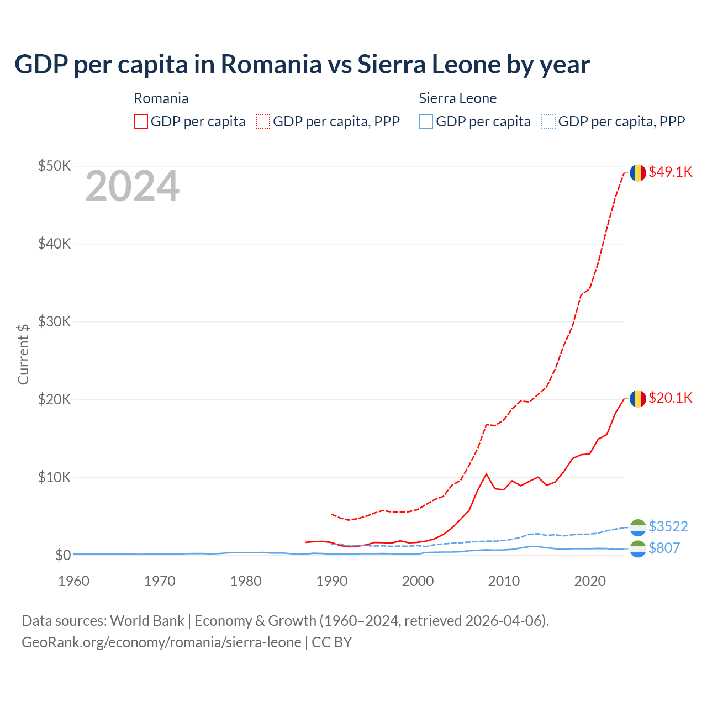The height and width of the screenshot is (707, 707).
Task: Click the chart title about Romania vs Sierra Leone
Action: [302, 65]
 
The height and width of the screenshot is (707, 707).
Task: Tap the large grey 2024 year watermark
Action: [132, 187]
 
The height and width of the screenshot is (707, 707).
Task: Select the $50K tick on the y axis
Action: [54, 166]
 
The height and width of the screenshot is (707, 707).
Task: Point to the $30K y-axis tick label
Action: [54, 321]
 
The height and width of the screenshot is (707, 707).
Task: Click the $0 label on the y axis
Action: [63, 555]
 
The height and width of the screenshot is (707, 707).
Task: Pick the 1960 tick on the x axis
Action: [73, 581]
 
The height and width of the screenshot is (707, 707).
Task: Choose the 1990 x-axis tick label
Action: [332, 581]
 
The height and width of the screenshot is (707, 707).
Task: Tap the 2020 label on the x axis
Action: [590, 581]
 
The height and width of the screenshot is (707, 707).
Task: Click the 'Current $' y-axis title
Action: [23, 354]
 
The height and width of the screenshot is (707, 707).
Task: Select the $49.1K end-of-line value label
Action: [670, 172]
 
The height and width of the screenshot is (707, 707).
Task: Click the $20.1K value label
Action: [670, 398]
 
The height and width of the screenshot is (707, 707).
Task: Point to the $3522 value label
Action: [668, 526]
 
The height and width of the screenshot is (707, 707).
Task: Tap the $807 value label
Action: [664, 548]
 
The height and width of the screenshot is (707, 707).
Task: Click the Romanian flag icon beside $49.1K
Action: [638, 173]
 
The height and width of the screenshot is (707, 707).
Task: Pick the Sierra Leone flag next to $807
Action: [638, 549]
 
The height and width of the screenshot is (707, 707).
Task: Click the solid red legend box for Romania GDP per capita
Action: [141, 122]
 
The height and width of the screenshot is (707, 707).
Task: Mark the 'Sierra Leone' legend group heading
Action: [457, 98]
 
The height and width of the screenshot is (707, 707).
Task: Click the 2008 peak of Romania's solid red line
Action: [486, 474]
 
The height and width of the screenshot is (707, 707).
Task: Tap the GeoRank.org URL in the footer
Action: [161, 642]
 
